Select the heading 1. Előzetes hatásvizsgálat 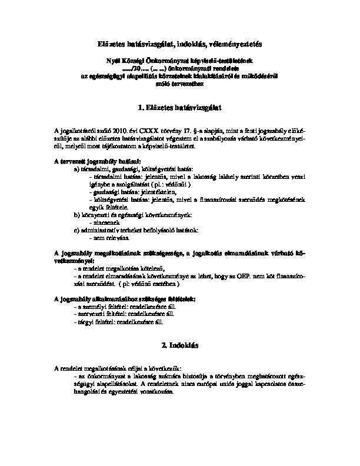tap(179, 108)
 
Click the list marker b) tap(77, 215)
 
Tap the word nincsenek tap(103, 223)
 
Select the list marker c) tap(77, 231)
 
